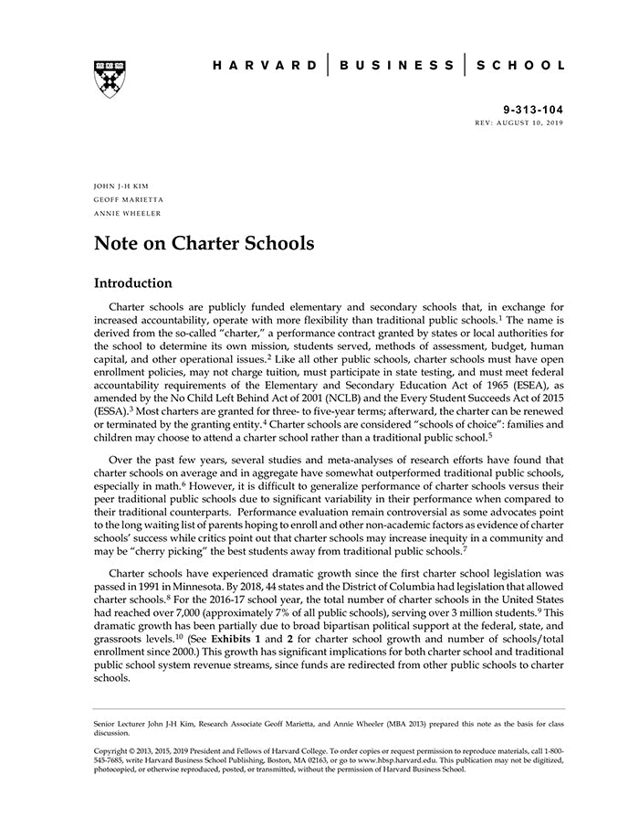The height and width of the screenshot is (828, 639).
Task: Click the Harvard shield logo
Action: [x=110, y=80]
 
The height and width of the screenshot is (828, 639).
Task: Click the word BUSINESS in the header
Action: [x=397, y=66]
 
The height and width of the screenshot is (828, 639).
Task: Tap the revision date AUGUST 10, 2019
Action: [x=531, y=122]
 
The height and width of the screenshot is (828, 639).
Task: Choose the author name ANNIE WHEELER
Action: [x=127, y=214]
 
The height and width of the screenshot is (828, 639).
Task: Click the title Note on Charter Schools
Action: [x=204, y=244]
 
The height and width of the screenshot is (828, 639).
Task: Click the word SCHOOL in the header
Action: [x=520, y=66]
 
